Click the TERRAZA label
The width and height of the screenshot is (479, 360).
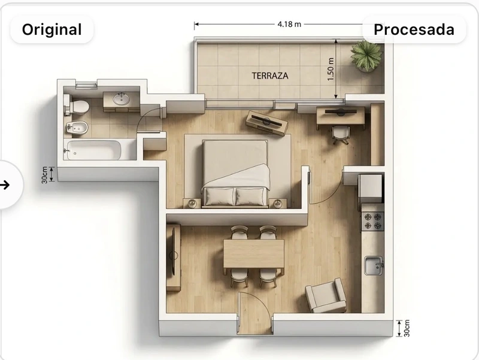click(270, 76)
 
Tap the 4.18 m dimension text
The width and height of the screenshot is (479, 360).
click(289, 24)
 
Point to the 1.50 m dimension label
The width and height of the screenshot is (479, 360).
click(331, 69)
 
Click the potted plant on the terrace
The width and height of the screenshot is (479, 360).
click(366, 56)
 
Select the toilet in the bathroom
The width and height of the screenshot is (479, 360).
click(76, 106)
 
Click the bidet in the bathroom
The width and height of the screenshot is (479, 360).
click(77, 128)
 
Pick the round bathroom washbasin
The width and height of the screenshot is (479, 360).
click(122, 99)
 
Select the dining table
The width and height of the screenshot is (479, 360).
click(253, 253)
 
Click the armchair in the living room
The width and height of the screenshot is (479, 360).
click(326, 297)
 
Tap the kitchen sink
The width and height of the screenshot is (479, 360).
click(373, 265)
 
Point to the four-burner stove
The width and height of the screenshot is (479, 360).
click(372, 221)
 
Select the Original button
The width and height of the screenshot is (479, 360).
click(52, 29)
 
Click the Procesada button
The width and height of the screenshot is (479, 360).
click(414, 29)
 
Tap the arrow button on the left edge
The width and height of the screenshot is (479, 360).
click(6, 185)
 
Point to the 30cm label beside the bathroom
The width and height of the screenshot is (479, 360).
click(44, 175)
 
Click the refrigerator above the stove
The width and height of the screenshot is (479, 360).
click(371, 189)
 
